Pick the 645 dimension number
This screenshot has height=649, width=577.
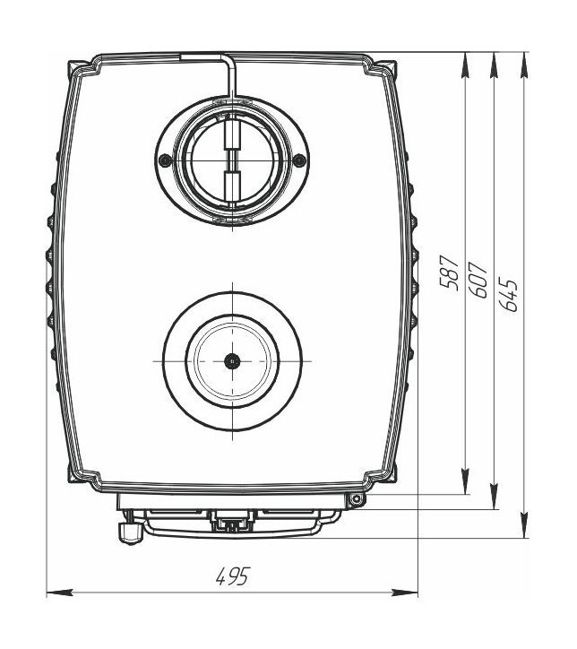[x=508, y=294]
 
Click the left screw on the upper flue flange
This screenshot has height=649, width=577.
[x=165, y=160]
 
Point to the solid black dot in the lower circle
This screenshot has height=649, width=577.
[x=232, y=361]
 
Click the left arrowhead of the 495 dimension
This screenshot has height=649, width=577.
[x=59, y=593]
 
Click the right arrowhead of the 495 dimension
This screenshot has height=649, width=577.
[x=404, y=593]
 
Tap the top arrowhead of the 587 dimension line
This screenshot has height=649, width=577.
[x=465, y=65]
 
